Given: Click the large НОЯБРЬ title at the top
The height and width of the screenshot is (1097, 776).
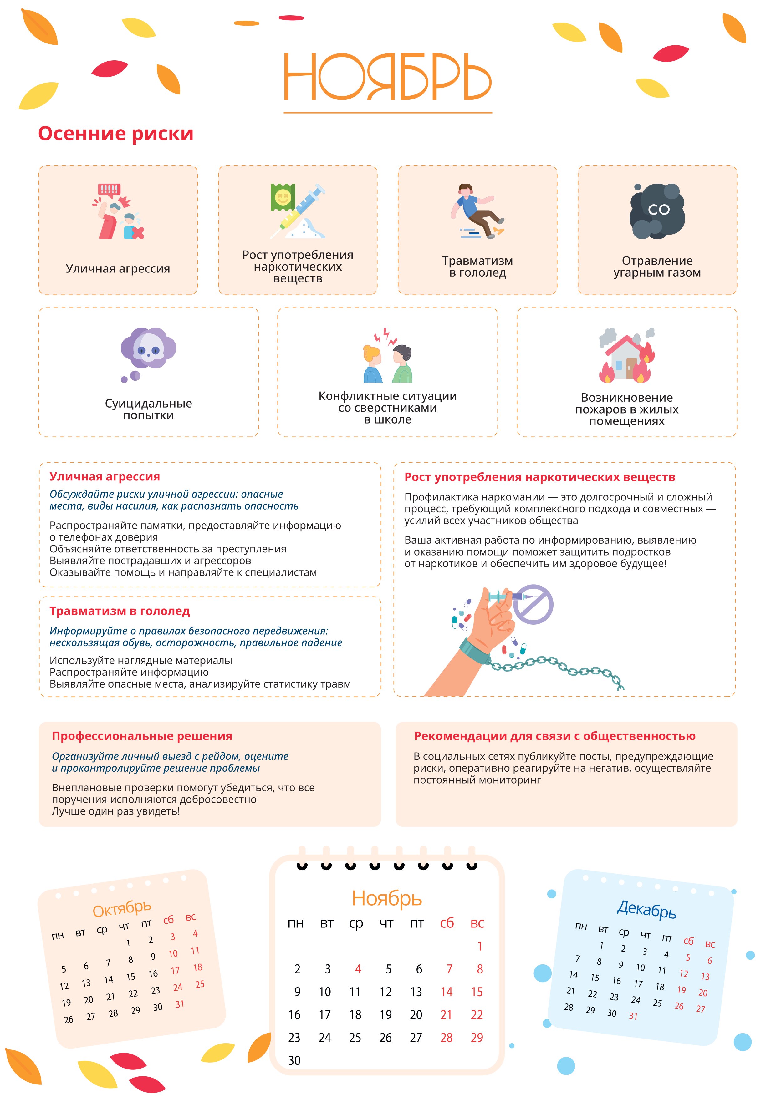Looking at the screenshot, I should coord(387,77).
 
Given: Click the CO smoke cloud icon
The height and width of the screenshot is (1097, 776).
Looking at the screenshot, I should coord(657,211).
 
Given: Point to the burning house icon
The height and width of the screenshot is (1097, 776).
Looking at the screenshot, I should coord(626,356).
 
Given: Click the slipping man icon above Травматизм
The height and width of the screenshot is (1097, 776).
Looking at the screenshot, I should coord(477,211).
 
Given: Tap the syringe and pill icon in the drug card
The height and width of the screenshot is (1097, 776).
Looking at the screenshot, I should coord(297,211).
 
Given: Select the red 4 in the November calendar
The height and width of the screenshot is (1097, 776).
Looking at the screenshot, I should coord(358,969).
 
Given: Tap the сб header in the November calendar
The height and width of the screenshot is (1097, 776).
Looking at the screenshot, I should coord(447,923).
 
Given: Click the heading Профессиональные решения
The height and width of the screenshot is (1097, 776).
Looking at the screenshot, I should coord(142,736).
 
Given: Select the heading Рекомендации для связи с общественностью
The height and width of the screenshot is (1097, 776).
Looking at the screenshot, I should coord(554,736).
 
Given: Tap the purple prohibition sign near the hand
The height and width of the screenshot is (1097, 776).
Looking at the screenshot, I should coord(533,604).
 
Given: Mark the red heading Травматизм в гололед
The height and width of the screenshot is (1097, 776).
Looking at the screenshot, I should coord(120,611).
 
